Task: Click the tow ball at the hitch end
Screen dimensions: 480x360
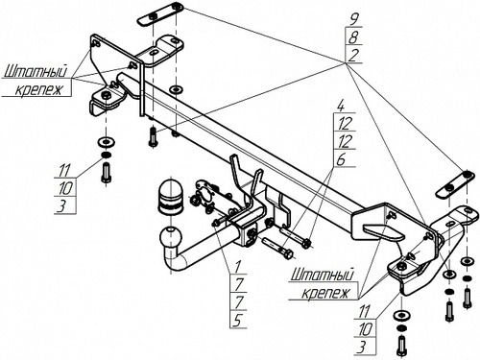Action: point(170,237)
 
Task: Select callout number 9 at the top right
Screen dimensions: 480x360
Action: point(353,19)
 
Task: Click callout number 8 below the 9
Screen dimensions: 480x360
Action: point(353,37)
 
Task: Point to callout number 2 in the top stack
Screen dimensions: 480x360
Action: point(353,56)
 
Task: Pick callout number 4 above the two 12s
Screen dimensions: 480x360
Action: point(341,106)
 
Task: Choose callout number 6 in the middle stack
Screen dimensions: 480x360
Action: point(341,159)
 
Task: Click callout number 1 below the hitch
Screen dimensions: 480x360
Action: point(238,266)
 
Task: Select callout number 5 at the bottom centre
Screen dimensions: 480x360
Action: point(237,321)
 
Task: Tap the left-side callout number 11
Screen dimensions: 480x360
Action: point(64,170)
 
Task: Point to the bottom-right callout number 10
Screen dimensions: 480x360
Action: point(366,329)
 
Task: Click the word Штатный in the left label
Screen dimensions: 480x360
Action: point(36,71)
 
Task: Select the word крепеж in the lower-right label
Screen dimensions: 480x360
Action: point(325,293)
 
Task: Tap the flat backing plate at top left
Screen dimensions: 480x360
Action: point(160,13)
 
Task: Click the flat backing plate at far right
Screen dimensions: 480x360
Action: point(455,184)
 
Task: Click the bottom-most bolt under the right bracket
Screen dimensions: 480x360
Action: point(401,346)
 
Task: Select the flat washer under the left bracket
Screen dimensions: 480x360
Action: point(107,141)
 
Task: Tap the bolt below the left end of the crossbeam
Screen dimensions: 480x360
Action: point(153,137)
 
